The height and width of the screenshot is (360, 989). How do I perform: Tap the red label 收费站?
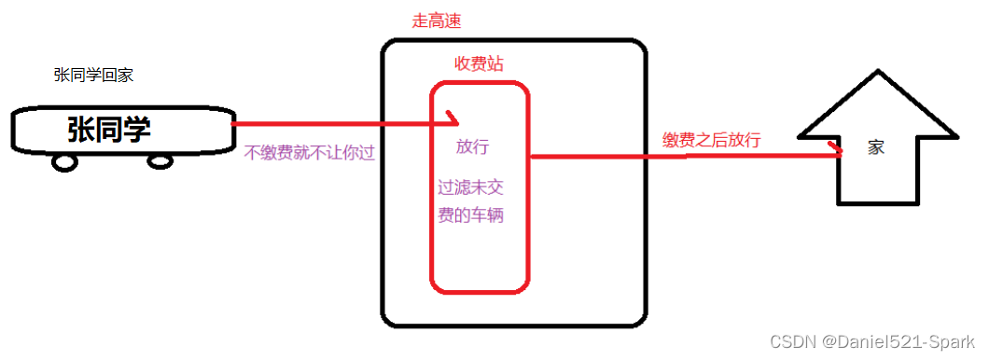pos(473,62)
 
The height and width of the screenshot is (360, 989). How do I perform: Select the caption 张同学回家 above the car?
pos(93,76)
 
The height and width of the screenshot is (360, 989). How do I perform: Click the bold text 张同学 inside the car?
pos(109,130)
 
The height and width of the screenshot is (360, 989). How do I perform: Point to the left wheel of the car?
pos(64,162)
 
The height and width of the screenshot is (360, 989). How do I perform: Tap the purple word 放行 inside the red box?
pos(472,146)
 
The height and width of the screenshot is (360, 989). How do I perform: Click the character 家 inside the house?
pos(875,147)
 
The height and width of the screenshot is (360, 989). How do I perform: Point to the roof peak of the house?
pos(878,74)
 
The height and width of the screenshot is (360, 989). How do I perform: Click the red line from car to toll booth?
pos(336,122)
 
